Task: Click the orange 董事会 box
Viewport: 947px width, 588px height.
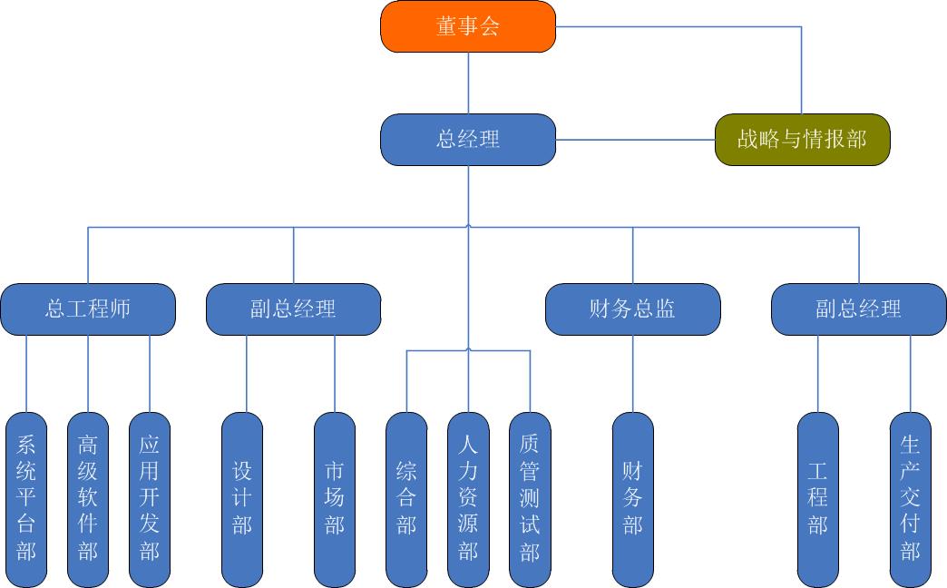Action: tap(467, 26)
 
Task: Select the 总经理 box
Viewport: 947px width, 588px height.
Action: tap(467, 140)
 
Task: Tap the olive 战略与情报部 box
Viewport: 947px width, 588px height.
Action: tap(802, 140)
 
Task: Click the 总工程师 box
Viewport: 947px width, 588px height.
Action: tap(88, 309)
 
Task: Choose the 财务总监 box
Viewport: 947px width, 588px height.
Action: tap(632, 309)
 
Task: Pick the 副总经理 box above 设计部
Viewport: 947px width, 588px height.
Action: tap(293, 309)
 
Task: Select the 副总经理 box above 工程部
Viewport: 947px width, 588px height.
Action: tap(858, 309)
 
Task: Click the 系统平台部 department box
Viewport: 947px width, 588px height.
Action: tap(26, 499)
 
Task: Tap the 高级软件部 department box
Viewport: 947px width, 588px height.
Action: tap(88, 499)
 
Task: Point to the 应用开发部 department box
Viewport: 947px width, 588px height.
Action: tap(150, 499)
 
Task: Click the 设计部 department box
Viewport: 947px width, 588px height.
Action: tap(242, 499)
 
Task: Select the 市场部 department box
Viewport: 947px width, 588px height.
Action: tap(335, 499)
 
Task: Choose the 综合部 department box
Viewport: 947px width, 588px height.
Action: tap(406, 499)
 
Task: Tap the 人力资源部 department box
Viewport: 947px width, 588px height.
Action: tap(468, 499)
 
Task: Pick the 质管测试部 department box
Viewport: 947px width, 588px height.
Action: tap(530, 499)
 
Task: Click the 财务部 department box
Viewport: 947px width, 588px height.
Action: tap(632, 499)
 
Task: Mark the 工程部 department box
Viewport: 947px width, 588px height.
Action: tap(818, 499)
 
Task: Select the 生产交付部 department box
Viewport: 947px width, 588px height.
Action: tap(911, 499)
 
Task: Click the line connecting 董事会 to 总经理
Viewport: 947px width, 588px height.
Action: tap(468, 83)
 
